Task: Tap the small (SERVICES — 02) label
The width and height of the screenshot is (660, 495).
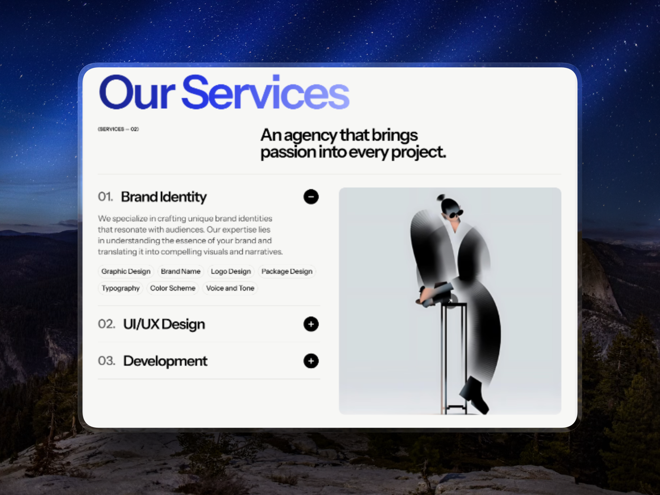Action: click(x=118, y=129)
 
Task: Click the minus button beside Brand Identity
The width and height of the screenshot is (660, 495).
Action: click(x=311, y=197)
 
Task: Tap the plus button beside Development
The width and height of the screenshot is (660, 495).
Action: click(x=311, y=361)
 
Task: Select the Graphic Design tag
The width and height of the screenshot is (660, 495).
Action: click(x=126, y=271)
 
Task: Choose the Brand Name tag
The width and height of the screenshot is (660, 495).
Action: click(x=181, y=271)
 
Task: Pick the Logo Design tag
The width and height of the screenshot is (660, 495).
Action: click(x=231, y=271)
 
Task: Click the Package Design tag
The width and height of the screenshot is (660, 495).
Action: click(x=287, y=271)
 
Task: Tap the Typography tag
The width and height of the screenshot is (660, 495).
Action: click(x=121, y=288)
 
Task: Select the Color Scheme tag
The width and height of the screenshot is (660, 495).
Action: click(x=173, y=288)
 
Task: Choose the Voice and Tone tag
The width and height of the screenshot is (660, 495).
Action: click(x=230, y=288)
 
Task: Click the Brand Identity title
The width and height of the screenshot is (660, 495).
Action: click(x=164, y=197)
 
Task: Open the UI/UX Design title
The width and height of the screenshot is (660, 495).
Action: click(x=164, y=324)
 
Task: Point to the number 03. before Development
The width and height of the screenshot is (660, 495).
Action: click(x=107, y=361)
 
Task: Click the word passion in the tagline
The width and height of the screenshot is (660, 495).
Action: click(x=288, y=152)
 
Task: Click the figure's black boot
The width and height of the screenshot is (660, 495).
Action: click(x=474, y=395)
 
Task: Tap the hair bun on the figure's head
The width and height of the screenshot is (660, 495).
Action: click(x=441, y=197)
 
